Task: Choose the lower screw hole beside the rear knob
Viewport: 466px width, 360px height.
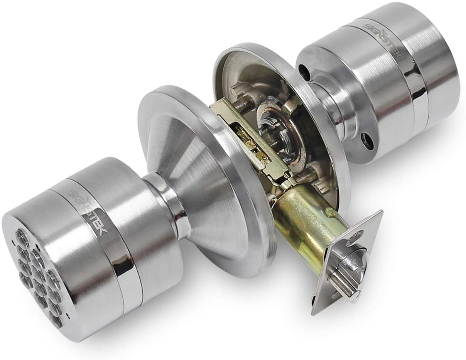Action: [367, 139]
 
